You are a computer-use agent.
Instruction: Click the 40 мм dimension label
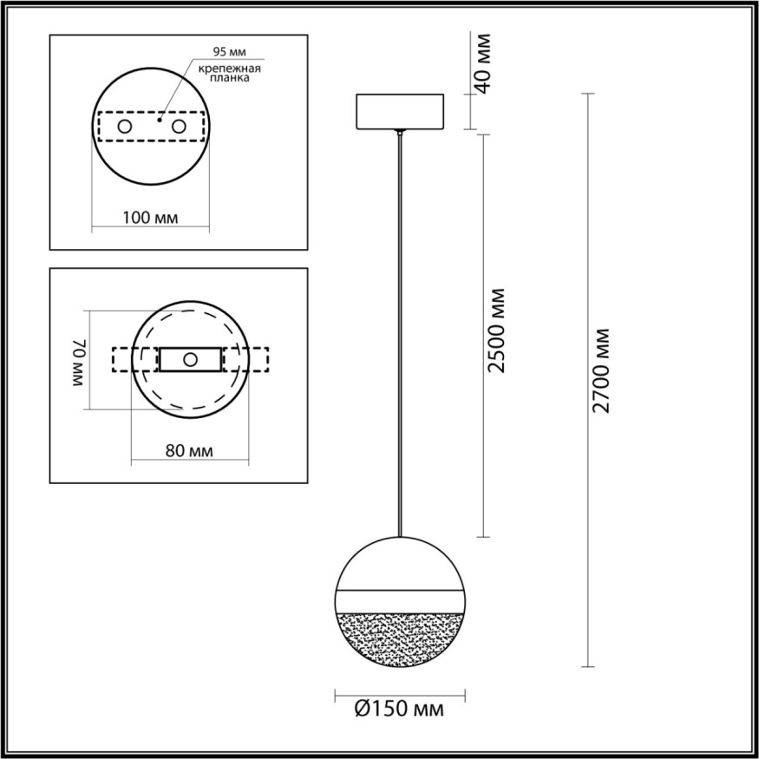[484, 63]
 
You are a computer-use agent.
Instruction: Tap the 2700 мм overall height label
[603, 370]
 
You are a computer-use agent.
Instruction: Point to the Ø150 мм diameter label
[399, 710]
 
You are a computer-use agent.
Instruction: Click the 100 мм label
[150, 217]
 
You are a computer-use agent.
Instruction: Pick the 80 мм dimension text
[188, 451]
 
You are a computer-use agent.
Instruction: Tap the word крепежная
[230, 68]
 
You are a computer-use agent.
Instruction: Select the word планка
[232, 78]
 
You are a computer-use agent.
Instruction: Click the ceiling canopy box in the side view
[400, 111]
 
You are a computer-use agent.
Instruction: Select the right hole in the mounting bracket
[180, 127]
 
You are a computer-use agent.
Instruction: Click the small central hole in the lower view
[189, 359]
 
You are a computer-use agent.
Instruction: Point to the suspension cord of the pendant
[400, 330]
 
